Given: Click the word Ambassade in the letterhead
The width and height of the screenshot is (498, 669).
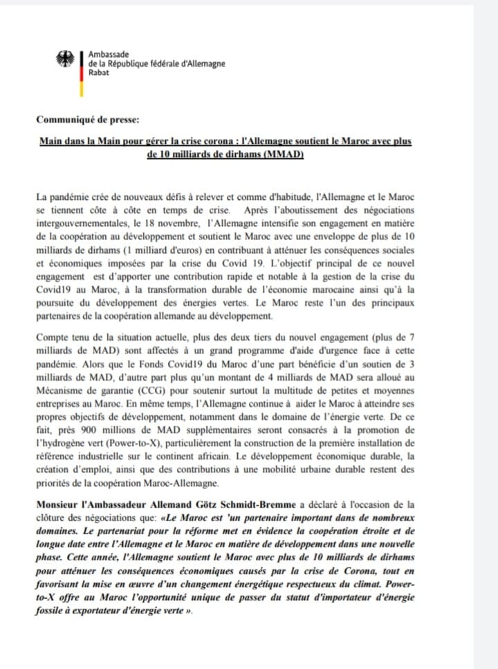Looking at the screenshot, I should point(107,54).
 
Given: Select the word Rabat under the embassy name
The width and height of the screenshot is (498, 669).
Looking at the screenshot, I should point(99,73).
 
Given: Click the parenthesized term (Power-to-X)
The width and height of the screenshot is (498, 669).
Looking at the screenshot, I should point(138,441).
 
